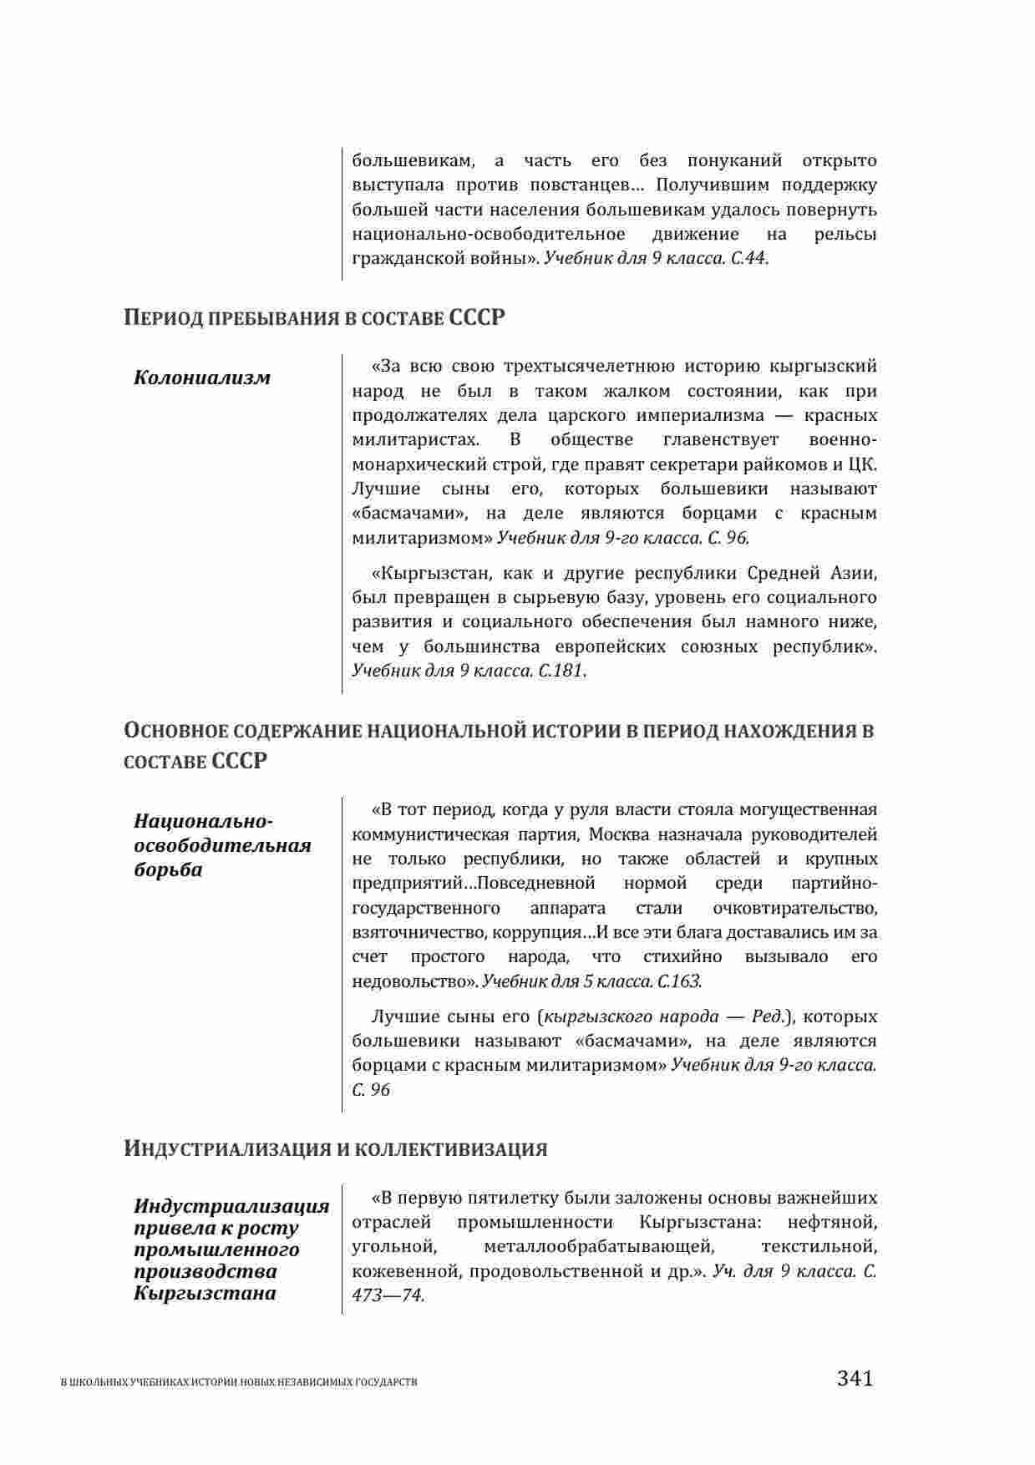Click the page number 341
click(x=855, y=1377)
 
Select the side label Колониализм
click(x=202, y=378)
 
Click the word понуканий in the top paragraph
click(x=734, y=160)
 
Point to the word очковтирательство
click(x=795, y=908)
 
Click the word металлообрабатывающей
click(x=599, y=1247)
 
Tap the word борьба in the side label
click(x=168, y=869)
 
